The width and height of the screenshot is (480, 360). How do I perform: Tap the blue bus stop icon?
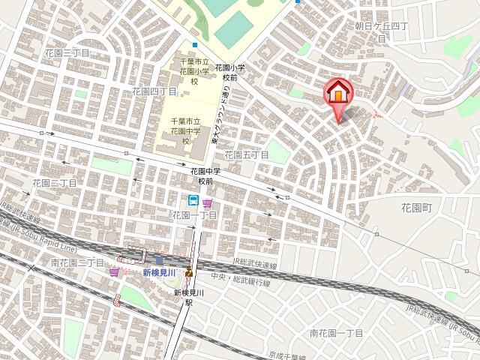[x=193, y=201]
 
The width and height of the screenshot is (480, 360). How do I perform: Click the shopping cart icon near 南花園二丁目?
[x=114, y=271]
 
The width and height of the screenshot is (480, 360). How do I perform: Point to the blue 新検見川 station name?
[x=159, y=272]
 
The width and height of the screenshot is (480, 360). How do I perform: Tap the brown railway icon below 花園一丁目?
[x=189, y=272]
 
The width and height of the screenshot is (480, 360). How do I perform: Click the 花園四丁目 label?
[x=154, y=91]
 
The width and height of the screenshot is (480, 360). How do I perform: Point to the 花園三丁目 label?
[x=66, y=53]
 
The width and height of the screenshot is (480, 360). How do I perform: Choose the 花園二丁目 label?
[x=54, y=182]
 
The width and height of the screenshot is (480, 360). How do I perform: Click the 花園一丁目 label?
[x=194, y=215]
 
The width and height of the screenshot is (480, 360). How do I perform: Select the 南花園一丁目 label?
[x=336, y=332]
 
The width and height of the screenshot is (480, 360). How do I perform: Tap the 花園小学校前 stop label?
[x=229, y=72]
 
